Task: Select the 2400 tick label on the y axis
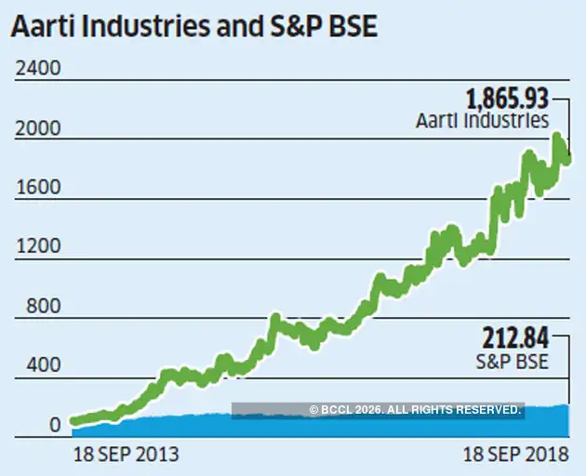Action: (x=35, y=70)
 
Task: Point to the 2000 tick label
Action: (x=35, y=129)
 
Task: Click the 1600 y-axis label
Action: (x=35, y=189)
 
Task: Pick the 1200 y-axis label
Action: (x=35, y=248)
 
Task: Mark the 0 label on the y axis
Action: (x=55, y=426)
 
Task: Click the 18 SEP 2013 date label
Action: (x=126, y=456)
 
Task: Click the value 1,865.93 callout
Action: (x=506, y=99)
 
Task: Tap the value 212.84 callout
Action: (x=515, y=337)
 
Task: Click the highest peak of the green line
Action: (x=557, y=139)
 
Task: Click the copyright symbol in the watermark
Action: (x=314, y=410)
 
